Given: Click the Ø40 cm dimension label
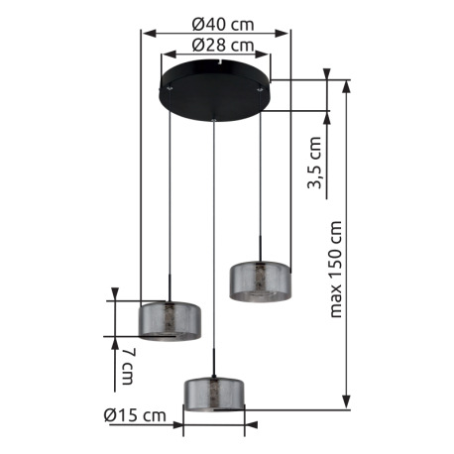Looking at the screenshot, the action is [223, 24].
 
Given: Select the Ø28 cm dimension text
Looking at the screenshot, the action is [223, 46].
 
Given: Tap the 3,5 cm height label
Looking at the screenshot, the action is [314, 163].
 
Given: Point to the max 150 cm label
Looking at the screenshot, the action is [335, 269].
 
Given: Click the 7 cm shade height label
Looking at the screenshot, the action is [128, 366].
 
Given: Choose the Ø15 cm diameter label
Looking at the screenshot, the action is [135, 414].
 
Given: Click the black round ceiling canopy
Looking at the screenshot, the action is [215, 91].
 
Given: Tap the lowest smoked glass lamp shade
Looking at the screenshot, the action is [214, 394].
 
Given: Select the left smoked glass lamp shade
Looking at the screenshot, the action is [170, 320].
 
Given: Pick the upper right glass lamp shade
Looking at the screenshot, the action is [261, 282].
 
